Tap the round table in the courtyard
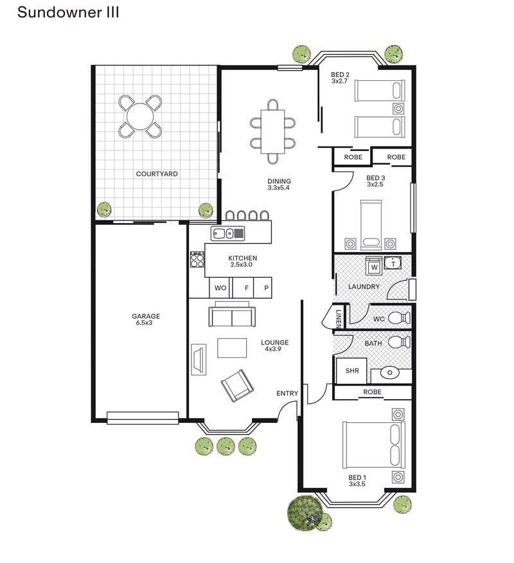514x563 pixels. [x=140, y=117]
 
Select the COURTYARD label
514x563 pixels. [x=157, y=174]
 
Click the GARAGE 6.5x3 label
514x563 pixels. [x=146, y=319]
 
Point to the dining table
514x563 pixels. [x=272, y=131]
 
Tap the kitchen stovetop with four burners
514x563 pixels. [x=197, y=260]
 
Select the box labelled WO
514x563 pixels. [x=220, y=289]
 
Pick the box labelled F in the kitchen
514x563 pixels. [x=245, y=289]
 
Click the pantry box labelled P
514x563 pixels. [x=265, y=289]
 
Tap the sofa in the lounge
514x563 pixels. [x=231, y=316]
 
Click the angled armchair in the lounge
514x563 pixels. [x=237, y=385]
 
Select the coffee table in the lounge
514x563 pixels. [x=232, y=348]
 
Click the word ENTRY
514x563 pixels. [x=287, y=393]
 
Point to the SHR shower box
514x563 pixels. [x=352, y=371]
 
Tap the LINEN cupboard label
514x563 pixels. [x=339, y=317]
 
